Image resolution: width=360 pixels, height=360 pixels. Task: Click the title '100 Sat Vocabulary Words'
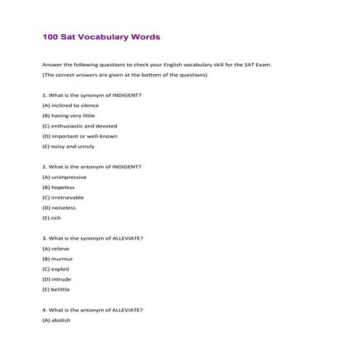tap(101, 36)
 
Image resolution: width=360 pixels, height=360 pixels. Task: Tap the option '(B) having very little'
tap(68, 116)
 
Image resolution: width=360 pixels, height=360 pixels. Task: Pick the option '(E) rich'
tap(52, 217)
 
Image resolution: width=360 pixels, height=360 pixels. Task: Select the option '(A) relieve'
tap(57, 248)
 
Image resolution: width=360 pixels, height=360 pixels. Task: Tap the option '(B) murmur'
tap(57, 258)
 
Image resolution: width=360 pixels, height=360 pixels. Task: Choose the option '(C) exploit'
tap(57, 268)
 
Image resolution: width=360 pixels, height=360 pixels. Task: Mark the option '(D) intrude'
tap(57, 279)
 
